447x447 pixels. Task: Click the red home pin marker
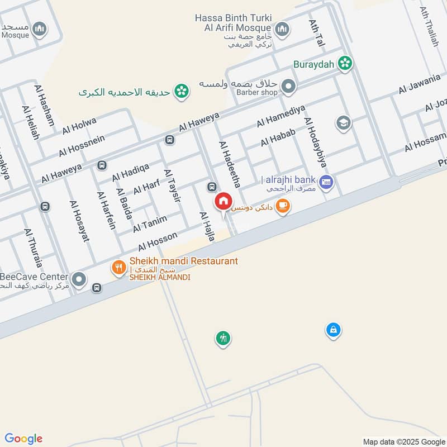click(x=223, y=201)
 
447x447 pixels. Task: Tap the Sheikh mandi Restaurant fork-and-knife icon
click(x=118, y=268)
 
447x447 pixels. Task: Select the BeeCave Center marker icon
click(x=79, y=278)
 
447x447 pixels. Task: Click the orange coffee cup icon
click(x=283, y=206)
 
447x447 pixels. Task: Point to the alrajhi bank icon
click(x=327, y=181)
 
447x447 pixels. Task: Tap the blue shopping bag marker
click(x=333, y=330)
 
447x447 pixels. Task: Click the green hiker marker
click(x=223, y=338)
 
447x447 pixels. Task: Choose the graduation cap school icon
click(x=343, y=122)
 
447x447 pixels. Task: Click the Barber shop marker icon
click(x=288, y=86)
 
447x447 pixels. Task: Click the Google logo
click(x=23, y=439)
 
